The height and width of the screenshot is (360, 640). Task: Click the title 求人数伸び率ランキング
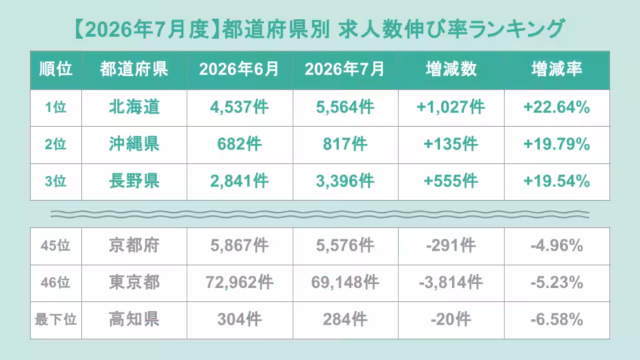[451, 29]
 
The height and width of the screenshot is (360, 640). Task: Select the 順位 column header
[56, 69]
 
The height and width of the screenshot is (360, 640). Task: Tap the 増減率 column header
[557, 69]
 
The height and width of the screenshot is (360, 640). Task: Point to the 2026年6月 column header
[239, 69]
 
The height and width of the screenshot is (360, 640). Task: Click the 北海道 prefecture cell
[134, 107]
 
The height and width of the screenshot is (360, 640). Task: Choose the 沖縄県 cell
[134, 144]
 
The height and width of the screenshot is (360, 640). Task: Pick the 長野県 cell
[134, 181]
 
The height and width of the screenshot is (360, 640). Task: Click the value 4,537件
[239, 107]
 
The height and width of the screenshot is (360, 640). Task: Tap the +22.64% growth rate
[557, 107]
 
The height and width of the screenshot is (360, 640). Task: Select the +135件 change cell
[451, 144]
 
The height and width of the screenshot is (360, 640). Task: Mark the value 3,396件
[345, 181]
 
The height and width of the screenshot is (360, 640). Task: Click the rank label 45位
[55, 246]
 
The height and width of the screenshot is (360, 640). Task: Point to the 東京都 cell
[134, 283]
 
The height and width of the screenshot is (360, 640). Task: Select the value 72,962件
[239, 283]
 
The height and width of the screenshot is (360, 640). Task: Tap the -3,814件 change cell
[451, 283]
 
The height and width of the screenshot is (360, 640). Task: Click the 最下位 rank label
[56, 319]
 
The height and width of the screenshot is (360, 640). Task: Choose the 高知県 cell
[134, 319]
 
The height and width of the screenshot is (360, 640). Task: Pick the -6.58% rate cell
[557, 319]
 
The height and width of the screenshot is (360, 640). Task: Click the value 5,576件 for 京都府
[345, 246]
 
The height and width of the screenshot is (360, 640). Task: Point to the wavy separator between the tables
[320, 214]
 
